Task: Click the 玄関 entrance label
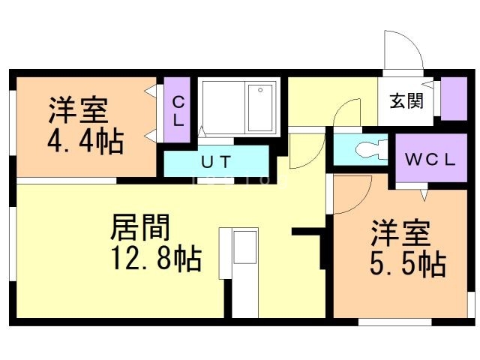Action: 406,100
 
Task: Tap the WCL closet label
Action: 430,160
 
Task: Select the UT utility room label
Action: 216,162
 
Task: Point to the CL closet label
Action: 178,111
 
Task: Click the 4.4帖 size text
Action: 85,142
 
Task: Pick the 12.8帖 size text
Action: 156,259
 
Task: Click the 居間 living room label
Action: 140,227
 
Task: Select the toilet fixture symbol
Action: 372,149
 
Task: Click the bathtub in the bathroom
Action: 260,107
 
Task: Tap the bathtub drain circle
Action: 260,90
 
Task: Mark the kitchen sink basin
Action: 245,247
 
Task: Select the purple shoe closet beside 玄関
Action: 454,98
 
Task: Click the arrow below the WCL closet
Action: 424,195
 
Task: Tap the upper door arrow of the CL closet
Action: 151,91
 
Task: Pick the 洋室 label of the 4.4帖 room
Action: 79,110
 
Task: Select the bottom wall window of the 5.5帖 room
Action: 395,322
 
